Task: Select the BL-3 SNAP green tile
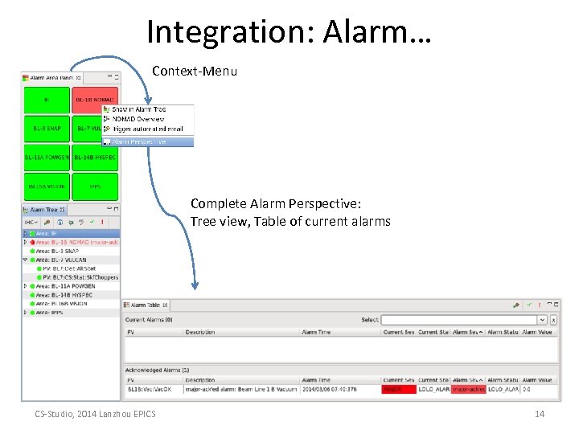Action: (x=47, y=129)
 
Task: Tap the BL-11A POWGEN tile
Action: (x=47, y=158)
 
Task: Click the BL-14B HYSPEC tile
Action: (x=95, y=158)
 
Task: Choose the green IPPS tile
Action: (x=95, y=186)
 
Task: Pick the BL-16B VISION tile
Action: (x=47, y=186)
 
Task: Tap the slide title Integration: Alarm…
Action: (x=289, y=32)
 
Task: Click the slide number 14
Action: (x=540, y=414)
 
